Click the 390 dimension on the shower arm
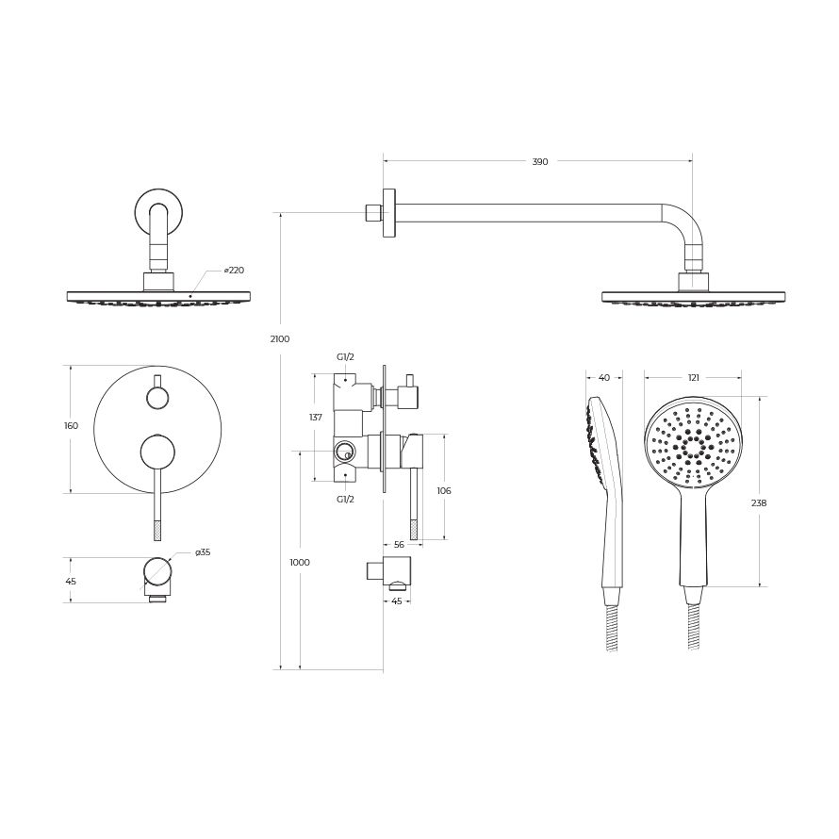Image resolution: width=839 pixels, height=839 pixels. (x=540, y=161)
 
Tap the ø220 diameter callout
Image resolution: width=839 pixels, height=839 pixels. (x=234, y=271)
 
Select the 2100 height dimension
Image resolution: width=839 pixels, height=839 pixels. (x=280, y=338)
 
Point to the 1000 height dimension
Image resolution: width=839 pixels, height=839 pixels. (x=300, y=563)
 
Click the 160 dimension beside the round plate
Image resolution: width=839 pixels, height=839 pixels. (x=71, y=426)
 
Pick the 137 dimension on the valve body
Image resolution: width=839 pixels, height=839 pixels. (x=316, y=418)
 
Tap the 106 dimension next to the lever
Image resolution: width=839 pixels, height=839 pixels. (x=444, y=490)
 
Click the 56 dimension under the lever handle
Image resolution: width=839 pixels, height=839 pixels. (x=399, y=545)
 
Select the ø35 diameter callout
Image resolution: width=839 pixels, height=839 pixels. (x=203, y=552)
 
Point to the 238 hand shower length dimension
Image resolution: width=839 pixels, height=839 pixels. (x=759, y=503)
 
